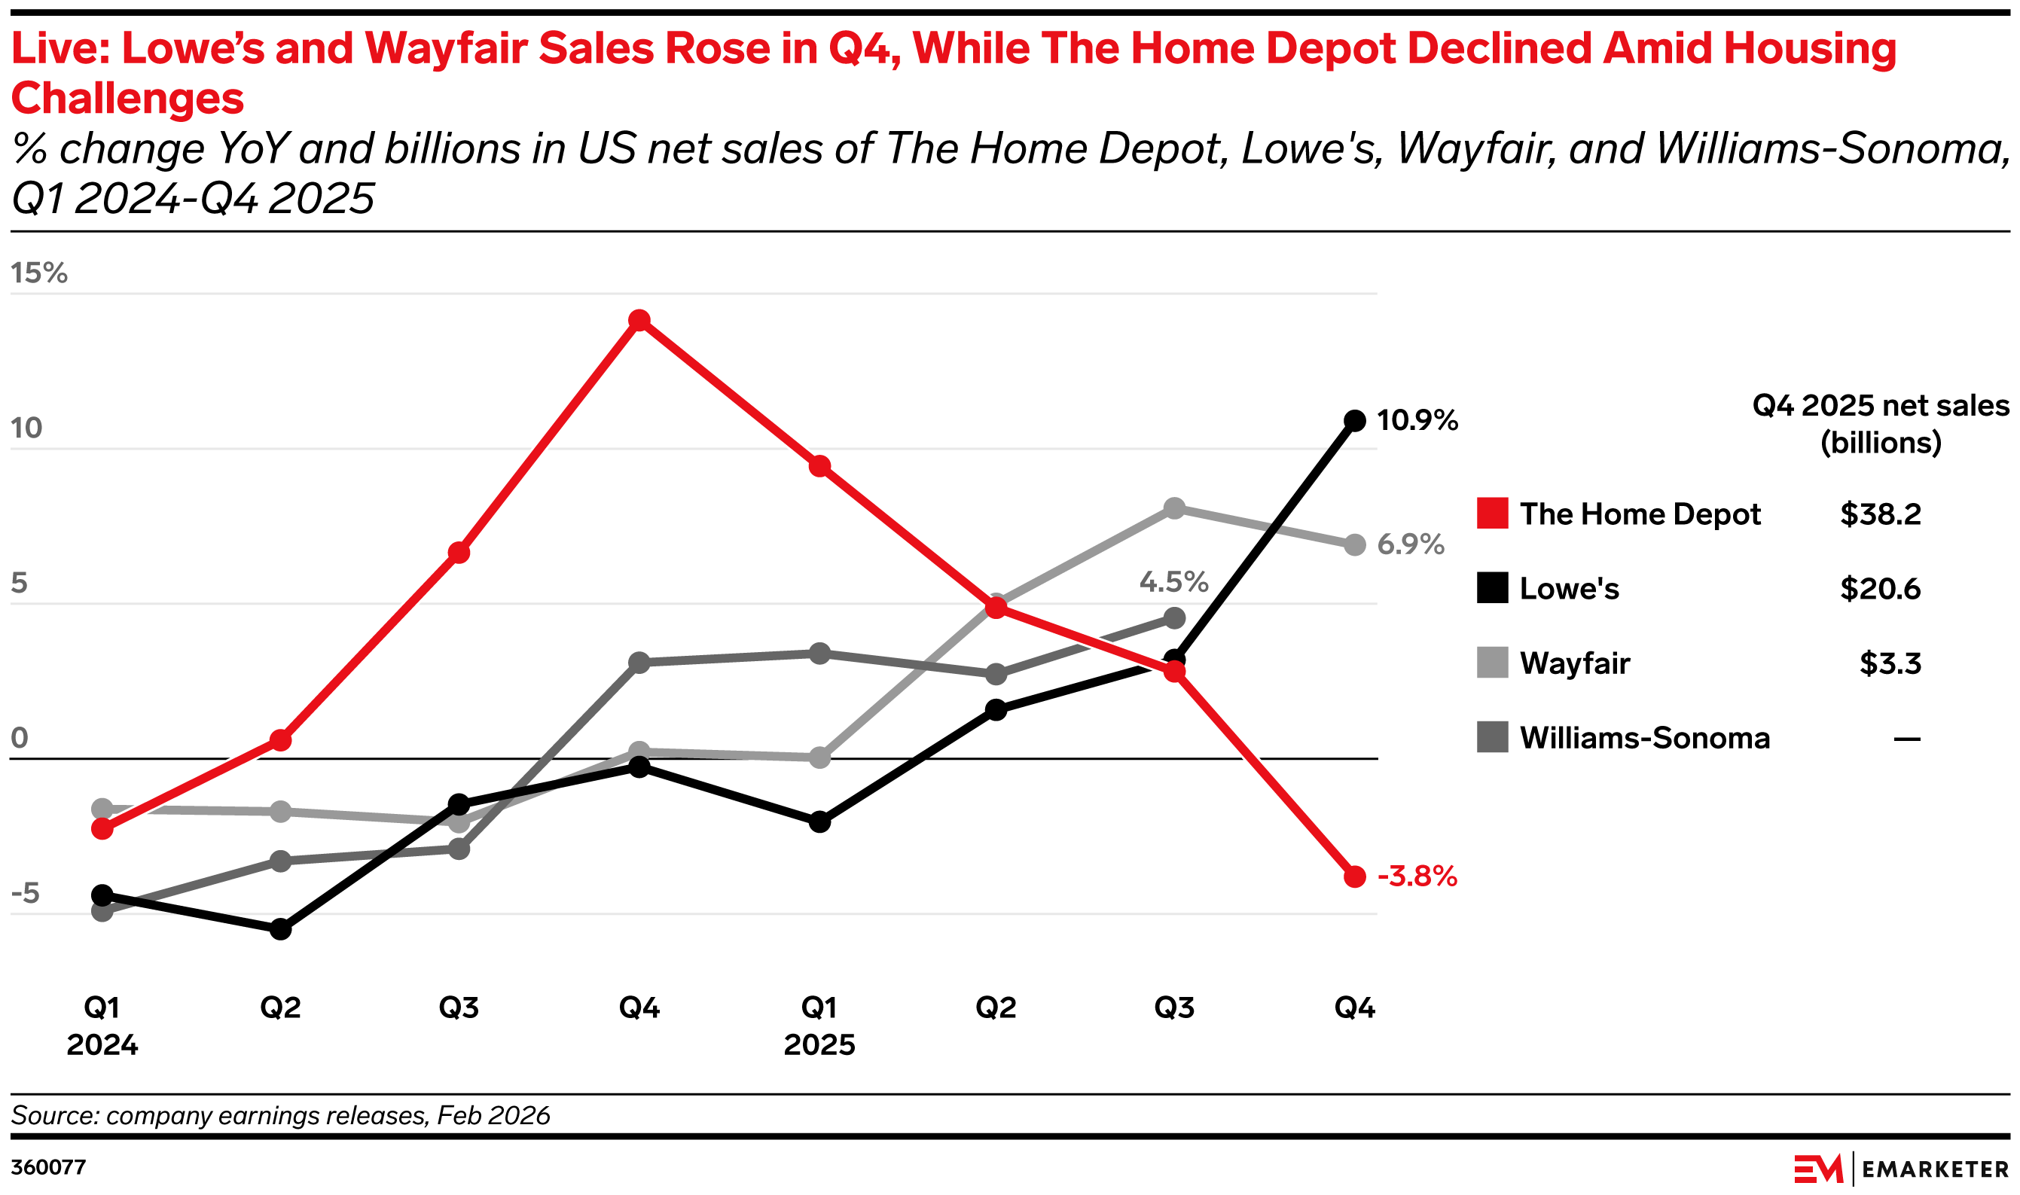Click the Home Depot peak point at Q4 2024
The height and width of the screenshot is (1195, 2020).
click(x=639, y=321)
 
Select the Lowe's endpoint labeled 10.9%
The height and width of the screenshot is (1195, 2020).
click(x=1356, y=420)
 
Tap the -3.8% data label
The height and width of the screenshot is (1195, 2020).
click(x=1417, y=876)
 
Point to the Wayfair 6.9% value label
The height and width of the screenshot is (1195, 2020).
click(x=1410, y=544)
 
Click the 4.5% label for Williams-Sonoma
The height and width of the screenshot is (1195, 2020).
click(x=1173, y=581)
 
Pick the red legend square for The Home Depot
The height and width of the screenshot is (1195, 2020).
click(x=1491, y=513)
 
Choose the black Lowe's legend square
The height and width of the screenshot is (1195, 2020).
click(x=1491, y=588)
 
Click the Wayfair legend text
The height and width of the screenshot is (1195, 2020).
click(x=1575, y=663)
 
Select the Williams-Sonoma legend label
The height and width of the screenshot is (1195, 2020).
click(x=1644, y=738)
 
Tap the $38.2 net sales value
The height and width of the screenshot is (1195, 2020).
click(x=1880, y=514)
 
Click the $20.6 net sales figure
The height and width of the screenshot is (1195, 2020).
click(x=1880, y=589)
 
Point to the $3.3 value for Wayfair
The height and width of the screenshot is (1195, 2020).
click(x=1890, y=663)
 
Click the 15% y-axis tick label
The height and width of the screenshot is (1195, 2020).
click(x=38, y=273)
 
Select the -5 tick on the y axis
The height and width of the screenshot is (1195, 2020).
click(x=25, y=893)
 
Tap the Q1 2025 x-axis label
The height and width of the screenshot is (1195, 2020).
click(x=819, y=1025)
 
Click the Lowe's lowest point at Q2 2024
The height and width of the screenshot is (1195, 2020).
click(x=280, y=930)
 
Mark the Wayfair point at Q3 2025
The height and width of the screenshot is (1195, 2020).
click(x=1174, y=508)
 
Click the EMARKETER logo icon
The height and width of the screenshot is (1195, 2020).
click(x=1818, y=1169)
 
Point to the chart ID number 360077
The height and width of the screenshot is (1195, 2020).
click(x=48, y=1168)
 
